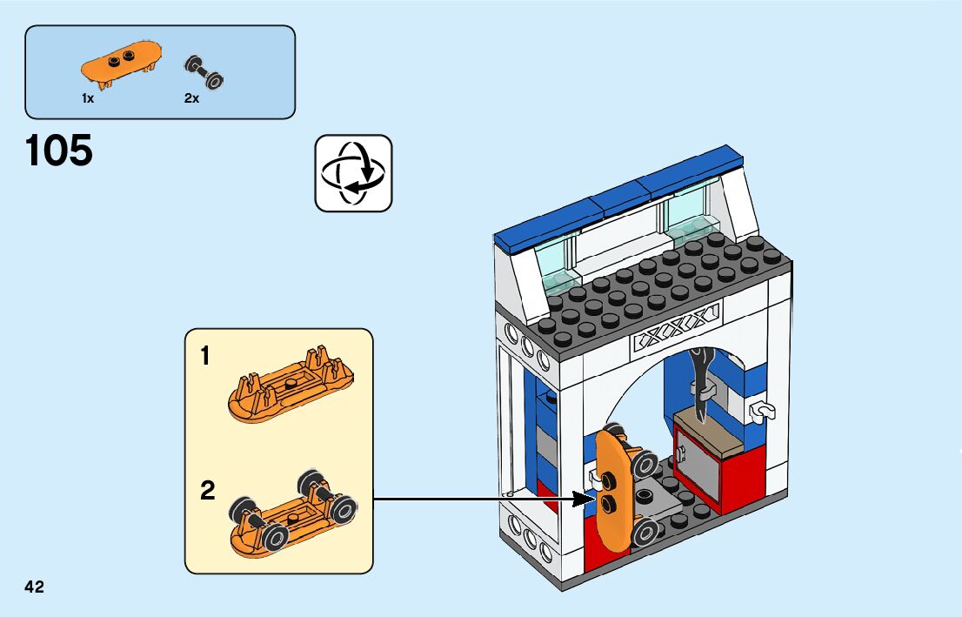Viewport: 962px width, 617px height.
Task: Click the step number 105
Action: [x=59, y=151]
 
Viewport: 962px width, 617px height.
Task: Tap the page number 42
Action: [x=35, y=587]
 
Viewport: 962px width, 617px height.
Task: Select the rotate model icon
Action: [x=353, y=172]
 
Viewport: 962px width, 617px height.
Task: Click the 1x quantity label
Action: [x=88, y=99]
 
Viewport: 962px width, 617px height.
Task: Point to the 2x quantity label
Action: [x=191, y=99]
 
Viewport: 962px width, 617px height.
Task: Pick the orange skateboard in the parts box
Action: [x=121, y=63]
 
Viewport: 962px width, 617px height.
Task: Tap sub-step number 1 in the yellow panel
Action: [x=205, y=356]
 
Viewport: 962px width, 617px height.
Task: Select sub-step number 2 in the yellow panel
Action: [x=207, y=491]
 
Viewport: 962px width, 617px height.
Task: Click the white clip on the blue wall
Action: [x=763, y=409]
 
